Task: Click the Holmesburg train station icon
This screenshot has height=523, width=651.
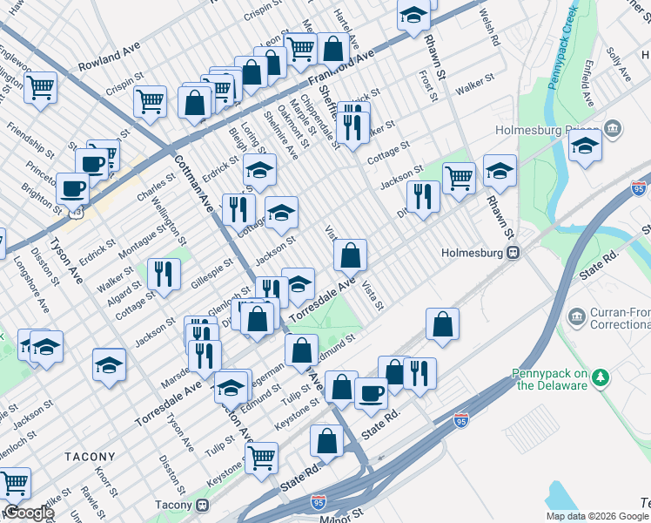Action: [x=513, y=254]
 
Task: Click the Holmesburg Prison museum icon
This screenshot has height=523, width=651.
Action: [x=614, y=130]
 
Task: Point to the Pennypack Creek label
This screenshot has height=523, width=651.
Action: [x=560, y=44]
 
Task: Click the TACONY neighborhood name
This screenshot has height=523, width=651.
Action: [x=89, y=456]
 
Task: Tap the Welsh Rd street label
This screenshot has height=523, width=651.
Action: [x=489, y=28]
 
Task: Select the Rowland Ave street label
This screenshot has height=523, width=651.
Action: [x=109, y=65]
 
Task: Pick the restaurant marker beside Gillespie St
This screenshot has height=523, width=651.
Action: [x=164, y=274]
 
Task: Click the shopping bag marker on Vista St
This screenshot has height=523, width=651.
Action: [x=350, y=256]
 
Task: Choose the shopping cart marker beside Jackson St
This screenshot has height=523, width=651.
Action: [x=459, y=178]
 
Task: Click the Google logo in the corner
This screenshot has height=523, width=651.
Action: [x=29, y=513]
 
